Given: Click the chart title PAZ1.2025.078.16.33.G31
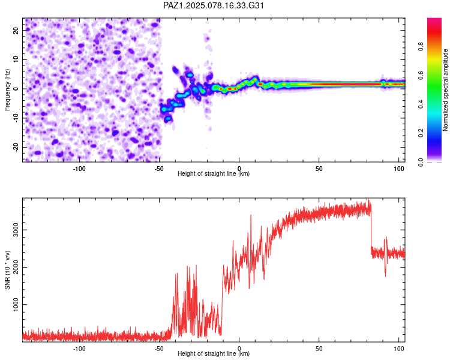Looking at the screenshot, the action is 213,5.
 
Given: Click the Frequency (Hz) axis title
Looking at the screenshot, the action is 7,90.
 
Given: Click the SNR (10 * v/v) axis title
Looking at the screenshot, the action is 7,270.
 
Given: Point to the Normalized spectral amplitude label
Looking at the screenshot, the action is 445,90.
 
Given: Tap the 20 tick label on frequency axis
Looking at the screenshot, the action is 16,30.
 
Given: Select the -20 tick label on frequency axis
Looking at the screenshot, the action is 16,147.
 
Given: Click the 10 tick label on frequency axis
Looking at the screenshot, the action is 16,59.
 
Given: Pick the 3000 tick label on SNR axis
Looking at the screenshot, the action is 16,230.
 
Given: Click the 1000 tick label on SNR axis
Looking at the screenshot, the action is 16,304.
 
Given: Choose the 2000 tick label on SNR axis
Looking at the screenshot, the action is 16,267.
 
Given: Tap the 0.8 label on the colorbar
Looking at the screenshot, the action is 421,47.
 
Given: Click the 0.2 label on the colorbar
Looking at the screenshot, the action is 421,133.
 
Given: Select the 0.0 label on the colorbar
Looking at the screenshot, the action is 421,162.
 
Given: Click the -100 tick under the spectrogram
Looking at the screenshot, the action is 79,169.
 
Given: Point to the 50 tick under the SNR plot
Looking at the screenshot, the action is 319,349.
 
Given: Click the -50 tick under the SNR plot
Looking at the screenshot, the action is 159,349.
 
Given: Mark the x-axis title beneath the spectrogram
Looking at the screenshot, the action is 214,173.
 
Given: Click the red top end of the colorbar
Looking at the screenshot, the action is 434,19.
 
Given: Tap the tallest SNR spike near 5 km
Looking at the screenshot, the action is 251,215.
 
